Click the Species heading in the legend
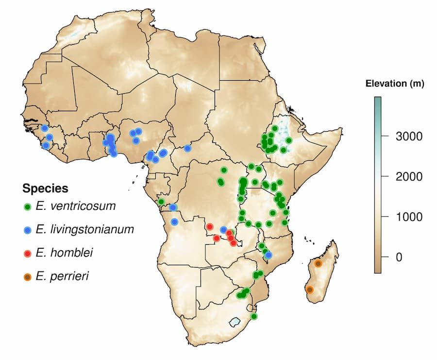pyautogui.click(x=45, y=188)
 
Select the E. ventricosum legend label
pyautogui.click(x=75, y=206)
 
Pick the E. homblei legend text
pyautogui.click(x=64, y=253)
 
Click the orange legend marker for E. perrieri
pyautogui.click(x=28, y=276)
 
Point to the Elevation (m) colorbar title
pyautogui.click(x=394, y=84)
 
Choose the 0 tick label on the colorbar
pyautogui.click(x=399, y=257)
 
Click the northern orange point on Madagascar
pyautogui.click(x=318, y=263)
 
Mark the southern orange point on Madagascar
pyautogui.click(x=310, y=290)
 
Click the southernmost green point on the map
pyautogui.click(x=253, y=316)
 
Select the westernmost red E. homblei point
pyautogui.click(x=210, y=226)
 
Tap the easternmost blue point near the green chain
pyautogui.click(x=269, y=255)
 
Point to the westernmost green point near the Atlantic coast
pyautogui.click(x=161, y=201)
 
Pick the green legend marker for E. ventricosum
pyautogui.click(x=28, y=206)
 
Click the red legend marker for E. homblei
pyautogui.click(x=28, y=253)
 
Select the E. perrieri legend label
pyautogui.click(x=62, y=276)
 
